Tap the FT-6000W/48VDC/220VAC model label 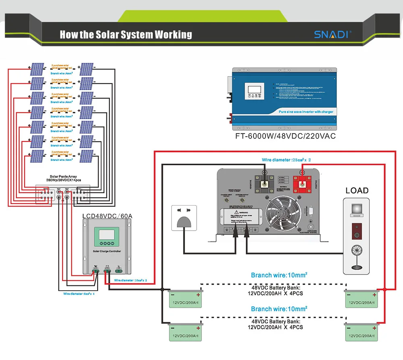point(285,136)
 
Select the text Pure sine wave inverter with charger point(305,112)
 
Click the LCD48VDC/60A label point(107,216)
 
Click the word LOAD point(357,190)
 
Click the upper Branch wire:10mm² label point(279,275)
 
